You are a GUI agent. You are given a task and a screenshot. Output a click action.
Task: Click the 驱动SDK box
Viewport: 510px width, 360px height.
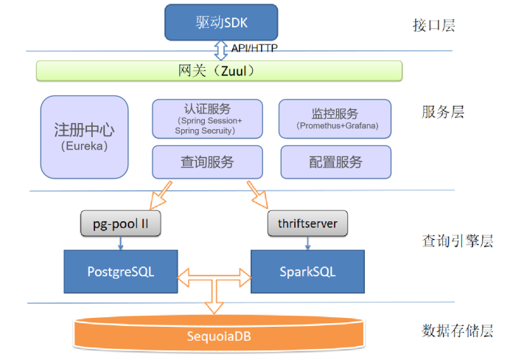click(x=221, y=23)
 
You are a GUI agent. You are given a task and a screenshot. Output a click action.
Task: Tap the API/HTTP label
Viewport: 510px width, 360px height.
click(x=254, y=48)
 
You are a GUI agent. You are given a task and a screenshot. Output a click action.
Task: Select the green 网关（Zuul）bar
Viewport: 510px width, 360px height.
click(x=220, y=71)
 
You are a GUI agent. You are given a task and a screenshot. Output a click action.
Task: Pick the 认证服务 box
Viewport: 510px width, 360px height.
click(x=207, y=119)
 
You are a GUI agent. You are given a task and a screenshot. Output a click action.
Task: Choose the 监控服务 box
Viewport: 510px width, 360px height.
click(x=335, y=119)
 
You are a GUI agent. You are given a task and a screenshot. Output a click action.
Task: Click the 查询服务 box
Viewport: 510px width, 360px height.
click(x=207, y=162)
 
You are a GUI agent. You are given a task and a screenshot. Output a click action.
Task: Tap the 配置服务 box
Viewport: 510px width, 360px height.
click(x=335, y=162)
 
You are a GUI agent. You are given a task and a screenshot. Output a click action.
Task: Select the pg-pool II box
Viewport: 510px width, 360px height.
click(x=120, y=224)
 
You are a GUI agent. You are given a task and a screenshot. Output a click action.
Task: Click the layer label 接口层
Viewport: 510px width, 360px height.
click(x=433, y=25)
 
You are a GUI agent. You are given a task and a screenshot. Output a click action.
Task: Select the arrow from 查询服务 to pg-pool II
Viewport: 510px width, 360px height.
click(x=161, y=195)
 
